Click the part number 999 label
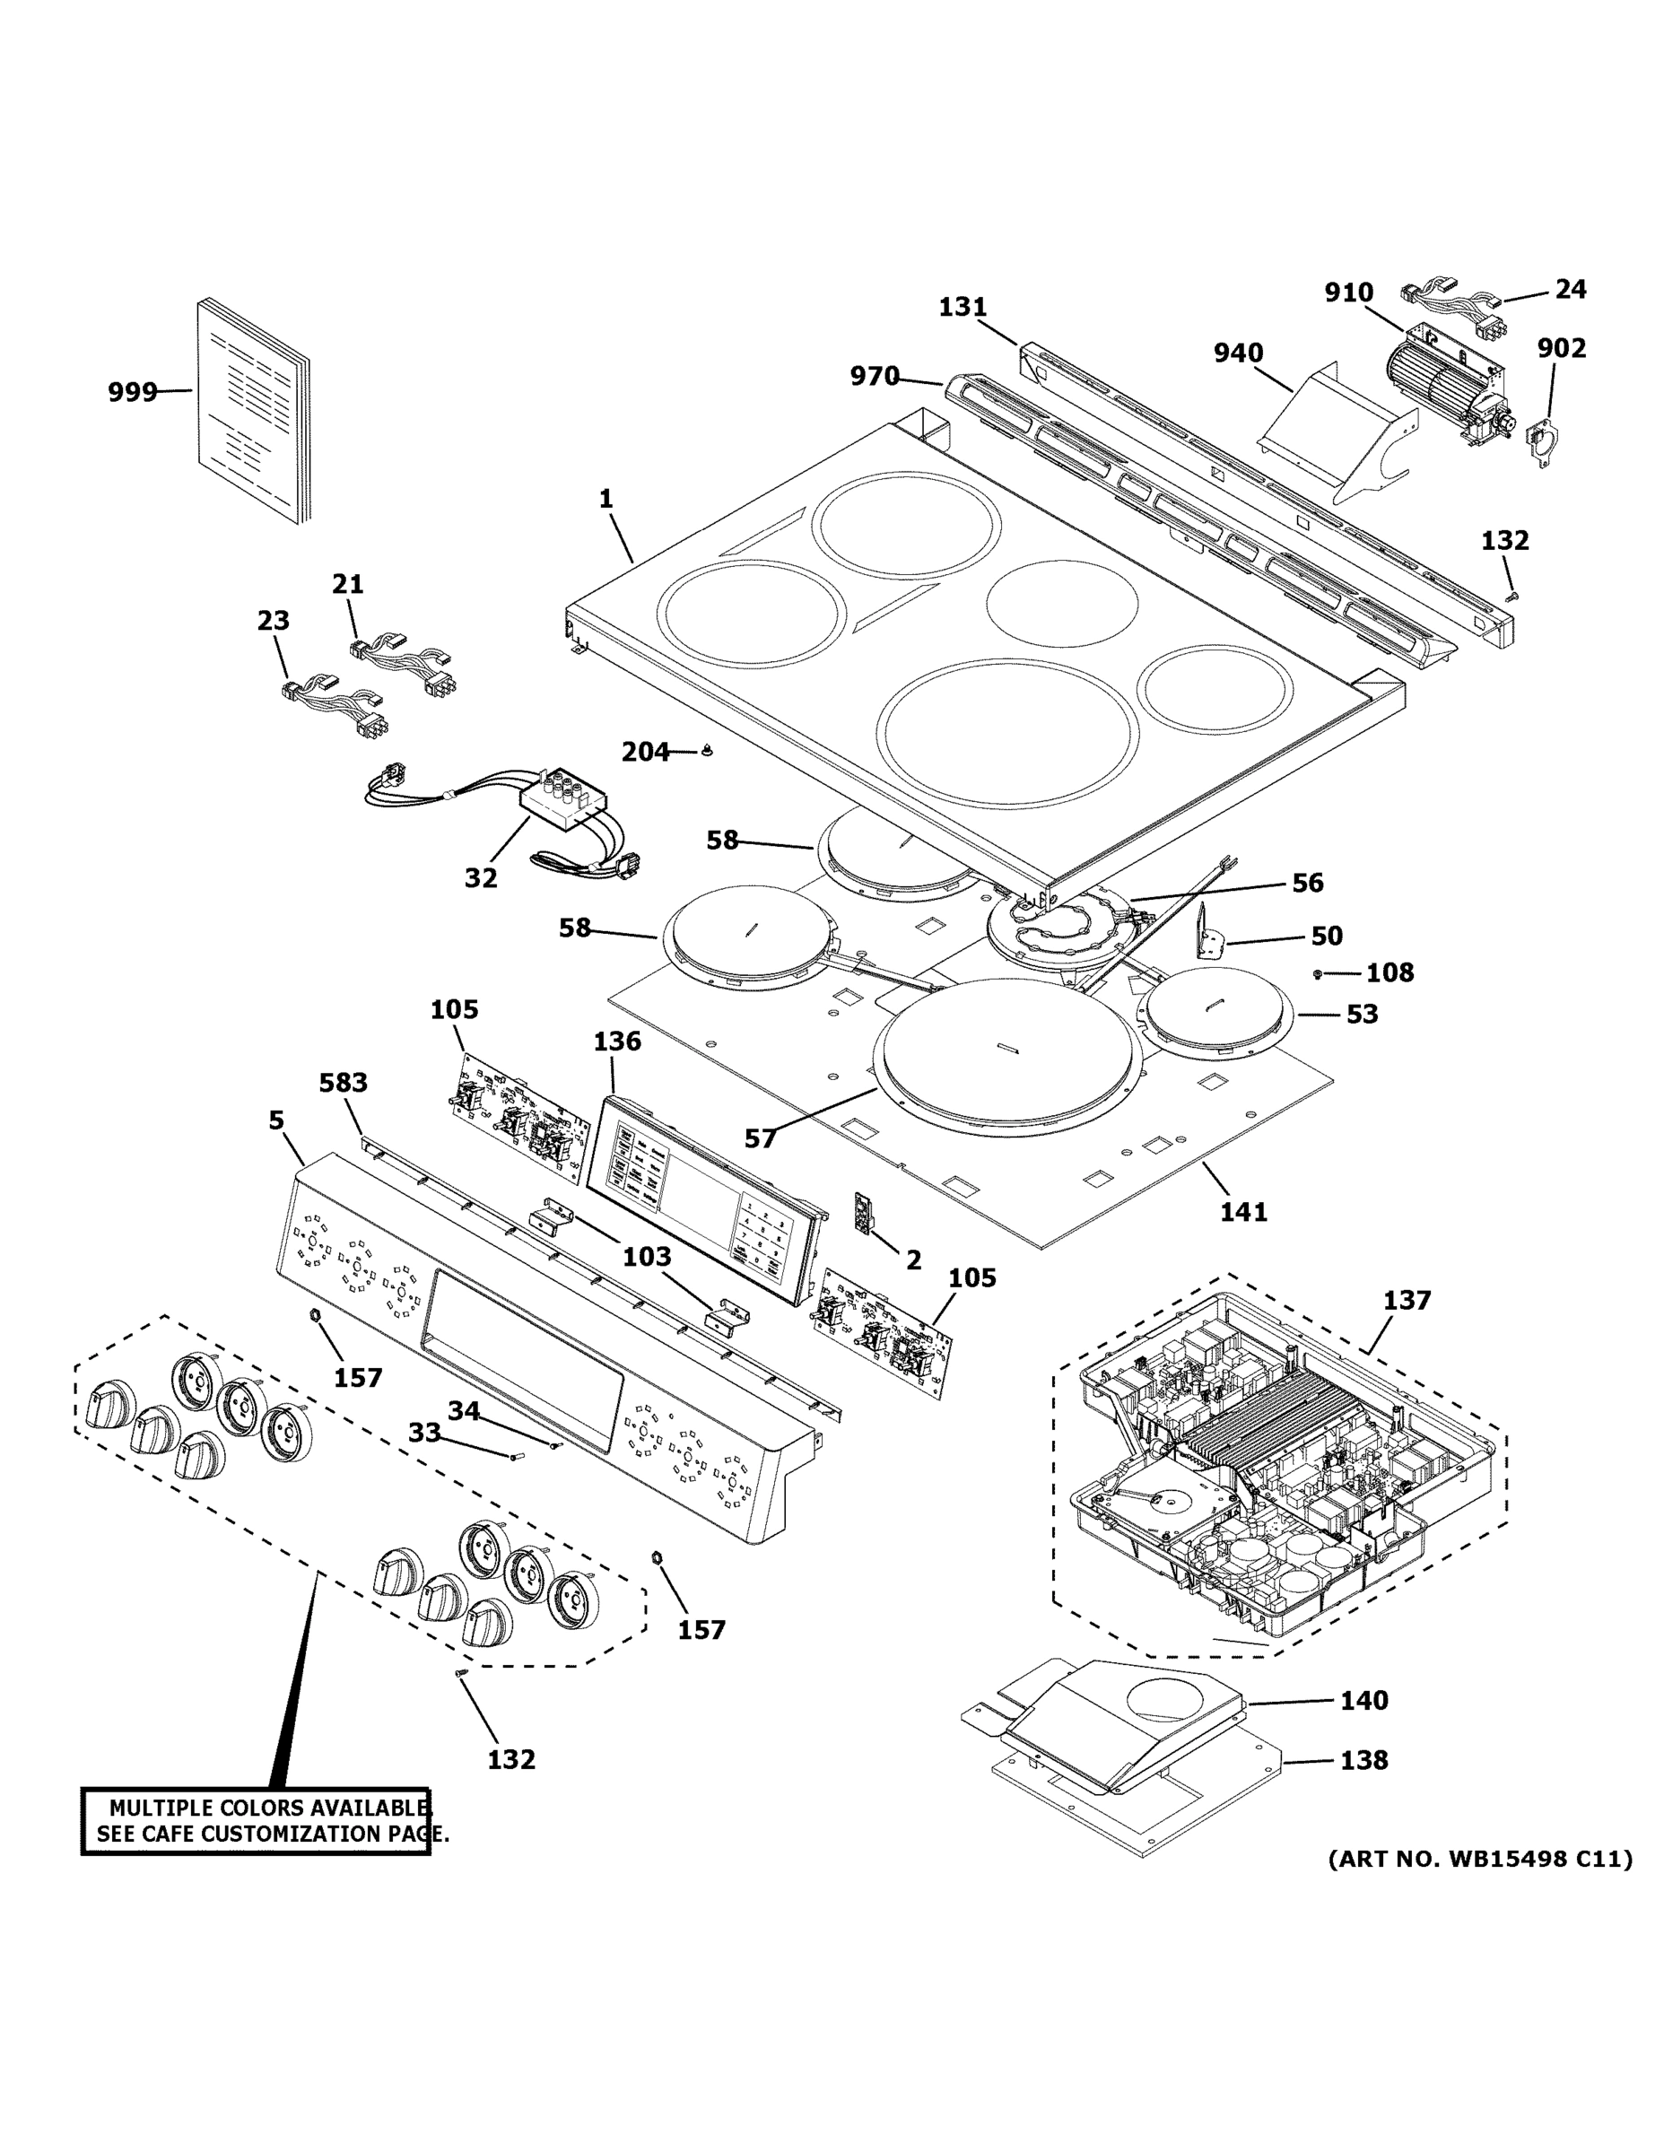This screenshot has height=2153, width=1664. (x=132, y=392)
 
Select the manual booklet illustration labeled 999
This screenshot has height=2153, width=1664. (x=251, y=411)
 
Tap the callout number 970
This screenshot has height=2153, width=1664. (x=875, y=376)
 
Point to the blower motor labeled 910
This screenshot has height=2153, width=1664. (x=1445, y=387)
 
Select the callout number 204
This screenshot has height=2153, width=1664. (x=645, y=752)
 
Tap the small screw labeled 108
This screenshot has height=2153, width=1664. (x=1318, y=974)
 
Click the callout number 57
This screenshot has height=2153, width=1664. (x=760, y=1138)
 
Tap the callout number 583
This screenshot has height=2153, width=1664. (x=343, y=1083)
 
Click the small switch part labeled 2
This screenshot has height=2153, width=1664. (x=864, y=1213)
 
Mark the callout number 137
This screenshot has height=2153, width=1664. (x=1406, y=1299)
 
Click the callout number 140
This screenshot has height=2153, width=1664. (x=1363, y=1700)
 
